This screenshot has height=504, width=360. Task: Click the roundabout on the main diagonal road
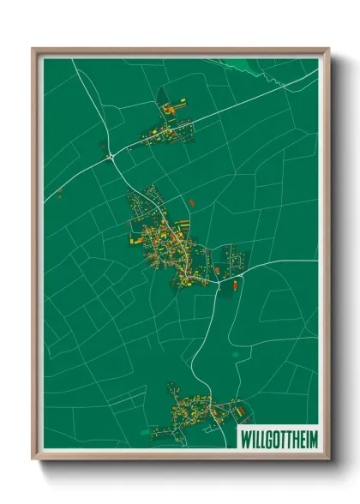[111, 156]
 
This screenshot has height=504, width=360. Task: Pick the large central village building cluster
[167, 240]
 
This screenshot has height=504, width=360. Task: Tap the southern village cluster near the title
[193, 411]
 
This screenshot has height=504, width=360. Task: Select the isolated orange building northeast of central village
[191, 202]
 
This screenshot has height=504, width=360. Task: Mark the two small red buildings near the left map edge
[61, 193]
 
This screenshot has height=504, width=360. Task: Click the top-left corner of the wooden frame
[35, 50]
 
